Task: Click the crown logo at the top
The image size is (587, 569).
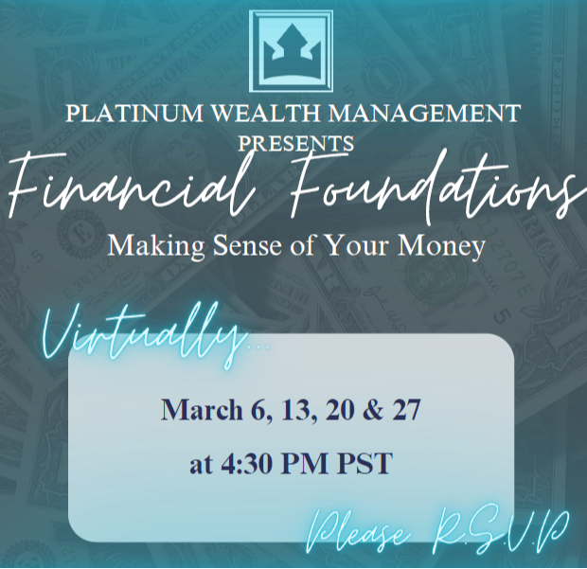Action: point(292,50)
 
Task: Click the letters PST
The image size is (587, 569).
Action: point(365,465)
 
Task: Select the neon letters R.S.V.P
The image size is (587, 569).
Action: point(500,528)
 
